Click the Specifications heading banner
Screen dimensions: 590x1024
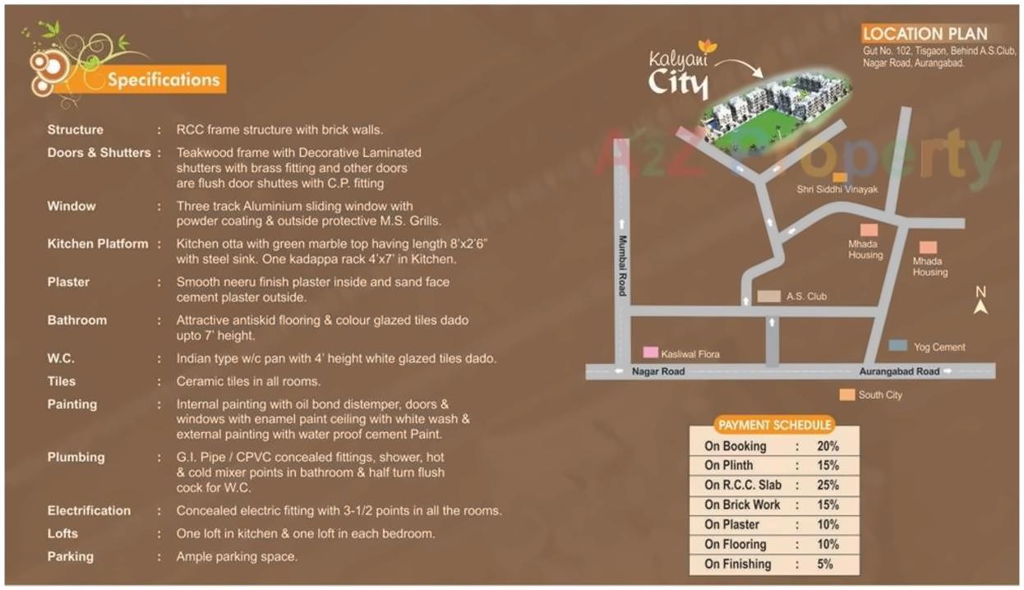[x=164, y=80]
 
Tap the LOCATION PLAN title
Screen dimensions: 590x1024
[x=925, y=34]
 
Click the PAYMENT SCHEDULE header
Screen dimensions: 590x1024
[x=774, y=425]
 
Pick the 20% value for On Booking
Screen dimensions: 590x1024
[x=828, y=446]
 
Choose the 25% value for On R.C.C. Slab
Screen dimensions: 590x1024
[x=828, y=485]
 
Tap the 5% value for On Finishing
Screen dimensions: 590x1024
[x=825, y=564]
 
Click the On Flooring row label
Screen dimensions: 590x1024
[x=735, y=544]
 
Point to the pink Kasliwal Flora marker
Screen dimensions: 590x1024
[x=650, y=353]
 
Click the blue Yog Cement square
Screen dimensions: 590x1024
[x=897, y=346]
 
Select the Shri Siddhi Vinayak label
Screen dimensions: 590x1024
[x=837, y=190]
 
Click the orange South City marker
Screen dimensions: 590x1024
[x=846, y=395]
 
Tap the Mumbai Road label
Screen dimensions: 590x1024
[x=622, y=265]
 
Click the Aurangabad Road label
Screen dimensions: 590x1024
[x=899, y=371]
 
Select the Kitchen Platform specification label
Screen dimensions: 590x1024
[x=98, y=244]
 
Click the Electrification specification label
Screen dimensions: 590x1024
[x=89, y=510]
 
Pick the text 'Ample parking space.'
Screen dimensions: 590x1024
[x=237, y=556]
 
